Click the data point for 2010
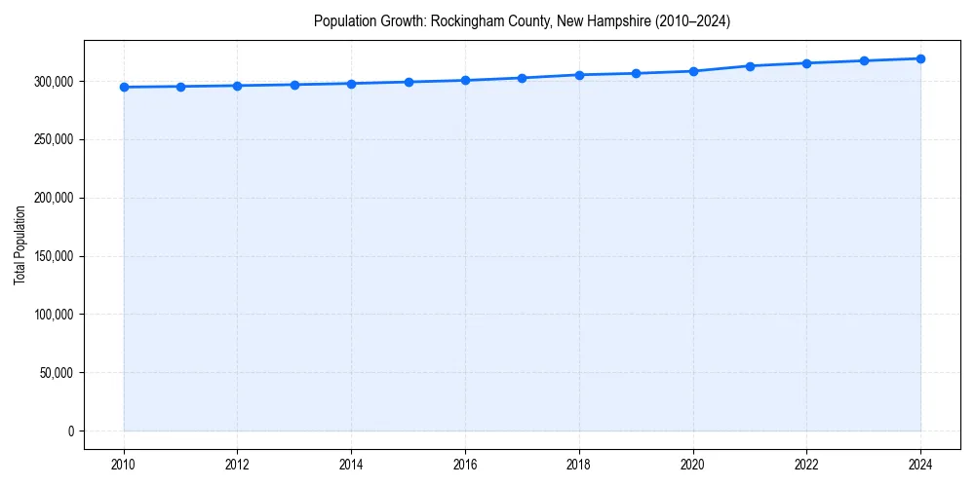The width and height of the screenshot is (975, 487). [124, 88]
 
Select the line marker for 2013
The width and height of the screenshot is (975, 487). [294, 85]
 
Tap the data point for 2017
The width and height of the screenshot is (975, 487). [523, 78]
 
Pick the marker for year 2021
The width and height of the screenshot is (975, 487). [750, 66]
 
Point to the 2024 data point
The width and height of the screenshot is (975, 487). [920, 58]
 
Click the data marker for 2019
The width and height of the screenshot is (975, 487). [636, 73]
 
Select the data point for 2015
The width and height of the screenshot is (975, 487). [409, 82]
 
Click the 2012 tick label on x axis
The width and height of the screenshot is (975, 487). [237, 464]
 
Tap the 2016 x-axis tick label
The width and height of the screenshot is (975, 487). [465, 464]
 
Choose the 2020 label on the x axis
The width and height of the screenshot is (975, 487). [693, 464]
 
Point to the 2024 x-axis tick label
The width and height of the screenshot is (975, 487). [920, 464]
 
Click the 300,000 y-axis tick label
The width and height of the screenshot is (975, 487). [53, 81]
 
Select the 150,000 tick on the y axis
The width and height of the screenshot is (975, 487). [53, 256]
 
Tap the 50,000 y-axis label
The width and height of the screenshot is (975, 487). [56, 373]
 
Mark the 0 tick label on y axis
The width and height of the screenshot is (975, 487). [70, 431]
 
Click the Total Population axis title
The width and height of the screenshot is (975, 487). [19, 244]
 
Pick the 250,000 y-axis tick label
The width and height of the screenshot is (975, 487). [53, 139]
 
